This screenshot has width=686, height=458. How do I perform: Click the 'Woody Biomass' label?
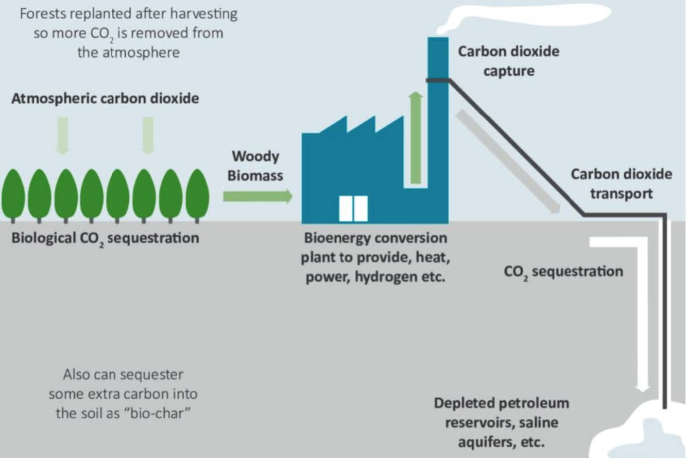click(x=255, y=166)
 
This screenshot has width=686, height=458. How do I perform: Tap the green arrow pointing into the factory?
click(x=258, y=197)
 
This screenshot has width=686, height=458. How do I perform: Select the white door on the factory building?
click(x=353, y=208)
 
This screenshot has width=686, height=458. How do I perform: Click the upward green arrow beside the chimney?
click(x=416, y=138)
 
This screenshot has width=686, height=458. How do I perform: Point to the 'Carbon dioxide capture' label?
click(x=509, y=61)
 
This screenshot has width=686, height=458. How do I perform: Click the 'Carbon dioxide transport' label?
click(x=622, y=184)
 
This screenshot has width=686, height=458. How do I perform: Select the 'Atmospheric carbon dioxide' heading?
click(x=106, y=99)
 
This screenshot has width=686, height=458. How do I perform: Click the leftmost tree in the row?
click(x=13, y=195)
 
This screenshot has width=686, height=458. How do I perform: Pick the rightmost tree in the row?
click(x=198, y=195)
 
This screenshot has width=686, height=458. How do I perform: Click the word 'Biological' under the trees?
click(x=44, y=238)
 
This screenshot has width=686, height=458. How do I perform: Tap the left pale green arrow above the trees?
click(x=63, y=135)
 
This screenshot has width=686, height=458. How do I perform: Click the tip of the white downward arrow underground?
click(x=643, y=392)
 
